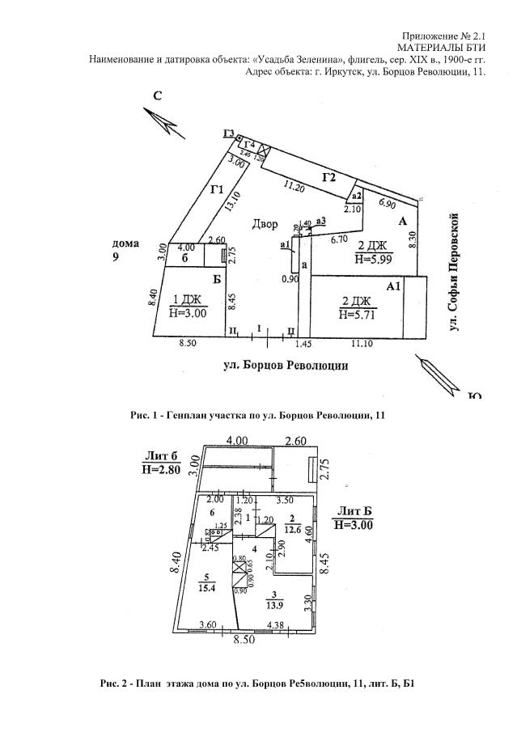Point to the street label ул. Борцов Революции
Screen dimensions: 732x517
click(286, 365)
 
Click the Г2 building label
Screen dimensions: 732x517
click(328, 178)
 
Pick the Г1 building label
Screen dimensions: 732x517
click(215, 190)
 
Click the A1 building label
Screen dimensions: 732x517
click(394, 286)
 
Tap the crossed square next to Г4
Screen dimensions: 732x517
click(261, 150)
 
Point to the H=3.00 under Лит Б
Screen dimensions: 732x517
click(354, 525)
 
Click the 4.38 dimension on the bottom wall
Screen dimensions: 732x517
click(277, 624)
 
